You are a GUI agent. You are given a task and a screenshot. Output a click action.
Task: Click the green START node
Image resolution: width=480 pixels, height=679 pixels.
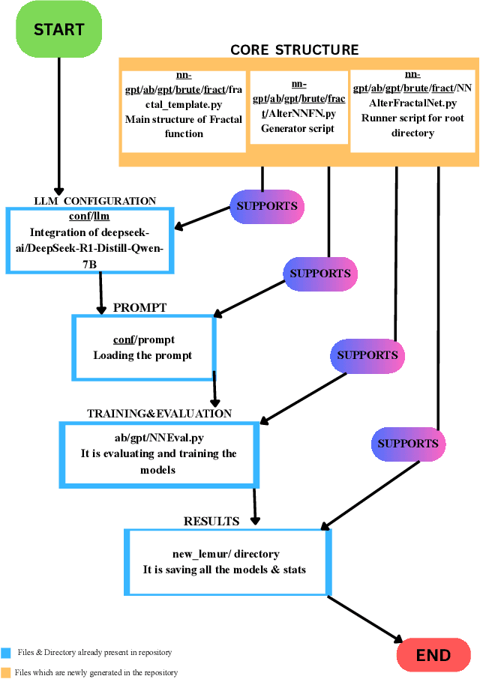click(58, 30)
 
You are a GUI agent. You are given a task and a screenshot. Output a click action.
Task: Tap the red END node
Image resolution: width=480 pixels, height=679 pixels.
click(433, 655)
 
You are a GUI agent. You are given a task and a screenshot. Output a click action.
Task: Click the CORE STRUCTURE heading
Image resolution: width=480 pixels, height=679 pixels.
click(294, 50)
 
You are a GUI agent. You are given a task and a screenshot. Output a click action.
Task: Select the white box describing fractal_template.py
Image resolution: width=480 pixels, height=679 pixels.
click(184, 109)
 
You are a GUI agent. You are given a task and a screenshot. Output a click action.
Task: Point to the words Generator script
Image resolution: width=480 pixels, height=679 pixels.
click(298, 128)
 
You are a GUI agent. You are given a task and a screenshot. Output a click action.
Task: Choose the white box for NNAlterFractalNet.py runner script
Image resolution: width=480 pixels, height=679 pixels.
click(412, 109)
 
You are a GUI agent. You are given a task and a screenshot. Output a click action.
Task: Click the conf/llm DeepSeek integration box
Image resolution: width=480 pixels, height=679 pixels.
click(89, 240)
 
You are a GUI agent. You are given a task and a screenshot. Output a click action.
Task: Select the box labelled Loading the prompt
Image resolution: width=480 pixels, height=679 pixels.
click(142, 348)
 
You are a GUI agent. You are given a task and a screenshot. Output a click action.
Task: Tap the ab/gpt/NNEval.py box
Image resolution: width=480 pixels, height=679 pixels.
click(158, 453)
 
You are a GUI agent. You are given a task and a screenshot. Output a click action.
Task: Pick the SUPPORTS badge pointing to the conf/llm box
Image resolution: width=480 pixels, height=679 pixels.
click(267, 206)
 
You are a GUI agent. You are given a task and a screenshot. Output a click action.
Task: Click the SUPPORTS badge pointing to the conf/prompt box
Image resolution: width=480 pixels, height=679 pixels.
click(320, 274)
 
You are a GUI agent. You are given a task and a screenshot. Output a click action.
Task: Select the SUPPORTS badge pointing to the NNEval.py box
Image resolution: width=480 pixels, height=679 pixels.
click(367, 354)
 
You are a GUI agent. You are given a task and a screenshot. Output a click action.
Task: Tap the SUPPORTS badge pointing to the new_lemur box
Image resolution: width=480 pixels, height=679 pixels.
click(407, 444)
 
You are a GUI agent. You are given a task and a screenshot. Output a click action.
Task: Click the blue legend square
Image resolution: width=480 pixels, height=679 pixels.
click(6, 653)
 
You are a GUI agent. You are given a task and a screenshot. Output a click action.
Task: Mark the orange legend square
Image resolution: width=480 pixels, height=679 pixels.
click(6, 672)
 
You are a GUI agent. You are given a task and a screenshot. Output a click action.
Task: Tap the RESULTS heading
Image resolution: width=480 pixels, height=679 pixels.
click(211, 521)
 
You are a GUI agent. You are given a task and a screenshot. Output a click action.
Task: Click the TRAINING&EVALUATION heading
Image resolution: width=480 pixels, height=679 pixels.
click(159, 413)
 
